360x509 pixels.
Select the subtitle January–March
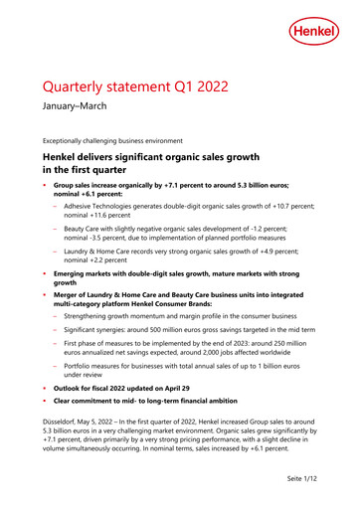click(x=77, y=115)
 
